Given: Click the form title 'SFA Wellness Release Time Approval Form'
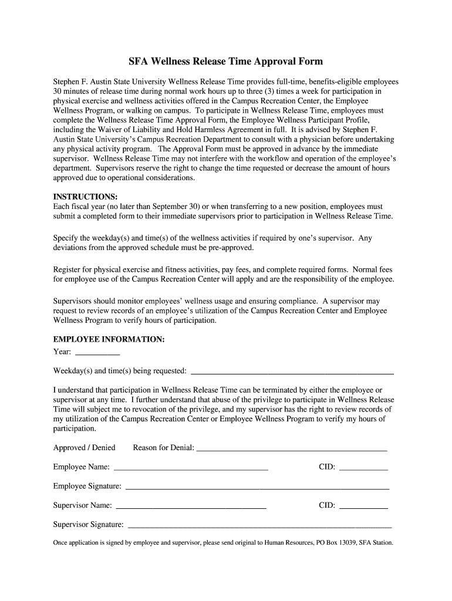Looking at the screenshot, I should pos(226,62).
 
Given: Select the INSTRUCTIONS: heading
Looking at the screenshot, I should pos(86,196).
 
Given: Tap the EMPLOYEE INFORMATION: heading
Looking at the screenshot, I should pos(109,339).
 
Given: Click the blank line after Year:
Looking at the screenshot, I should pos(98,353).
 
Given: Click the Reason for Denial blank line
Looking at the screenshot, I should pos(291,449).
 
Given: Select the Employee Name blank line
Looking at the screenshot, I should pos(191,468).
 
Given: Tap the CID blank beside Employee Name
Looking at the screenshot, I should pos(363,468).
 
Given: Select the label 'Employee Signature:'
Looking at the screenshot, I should pos(87,486).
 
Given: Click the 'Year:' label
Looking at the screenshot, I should pos(62,352).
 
